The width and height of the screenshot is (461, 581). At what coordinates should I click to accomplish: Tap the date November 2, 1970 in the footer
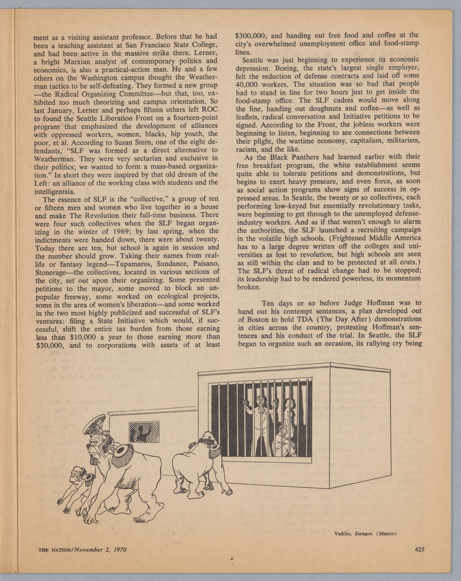pos(100,550)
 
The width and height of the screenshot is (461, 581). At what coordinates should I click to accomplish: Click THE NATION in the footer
pos(55,550)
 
